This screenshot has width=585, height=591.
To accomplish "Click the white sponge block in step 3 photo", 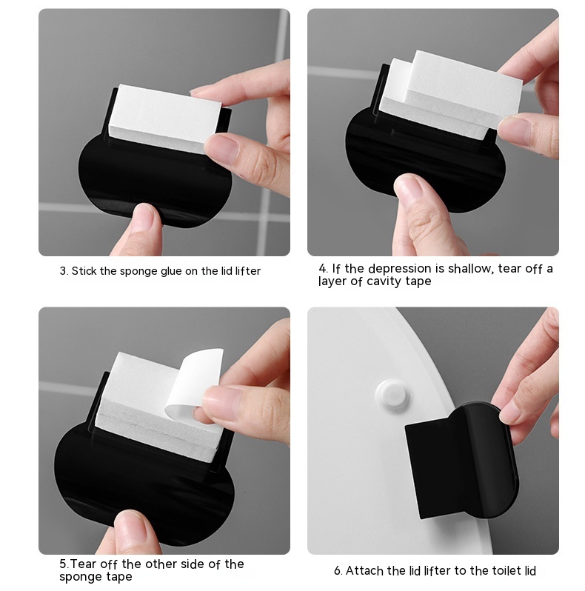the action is [164, 117].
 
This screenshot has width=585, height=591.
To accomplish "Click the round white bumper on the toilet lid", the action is [392, 395].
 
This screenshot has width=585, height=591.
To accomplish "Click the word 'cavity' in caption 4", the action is [384, 281].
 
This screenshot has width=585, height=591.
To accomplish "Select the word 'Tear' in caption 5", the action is [84, 564].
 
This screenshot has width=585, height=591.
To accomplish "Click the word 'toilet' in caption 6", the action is [489, 571].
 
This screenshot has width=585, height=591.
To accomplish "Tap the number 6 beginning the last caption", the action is [338, 571].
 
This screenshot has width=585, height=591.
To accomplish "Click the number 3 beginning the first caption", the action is [63, 271].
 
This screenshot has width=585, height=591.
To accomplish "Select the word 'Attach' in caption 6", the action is [364, 571].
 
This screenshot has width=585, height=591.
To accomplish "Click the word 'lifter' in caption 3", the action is [247, 271].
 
